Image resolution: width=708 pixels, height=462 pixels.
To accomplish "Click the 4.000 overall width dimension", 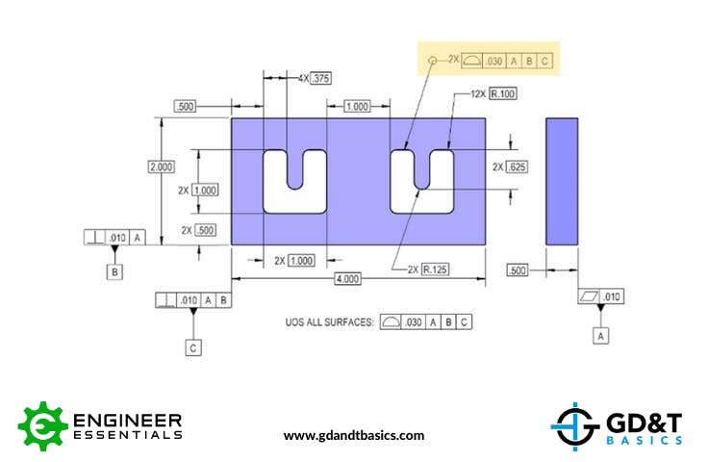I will [346, 279].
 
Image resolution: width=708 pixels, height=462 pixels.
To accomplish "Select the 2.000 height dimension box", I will [161, 167].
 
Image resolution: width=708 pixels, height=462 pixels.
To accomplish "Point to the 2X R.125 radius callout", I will [428, 269].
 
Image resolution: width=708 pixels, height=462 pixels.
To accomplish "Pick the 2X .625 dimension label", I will [511, 167].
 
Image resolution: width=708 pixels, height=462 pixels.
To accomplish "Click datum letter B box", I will [115, 271].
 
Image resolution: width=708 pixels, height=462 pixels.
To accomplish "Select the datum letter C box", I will [193, 347].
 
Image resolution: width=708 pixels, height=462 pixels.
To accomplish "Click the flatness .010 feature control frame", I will [601, 295].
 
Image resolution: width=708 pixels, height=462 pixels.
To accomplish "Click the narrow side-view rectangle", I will [562, 181].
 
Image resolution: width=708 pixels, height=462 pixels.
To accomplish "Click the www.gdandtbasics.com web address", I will [354, 435].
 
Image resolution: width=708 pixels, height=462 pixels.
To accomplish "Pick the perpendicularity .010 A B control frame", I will [193, 300].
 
